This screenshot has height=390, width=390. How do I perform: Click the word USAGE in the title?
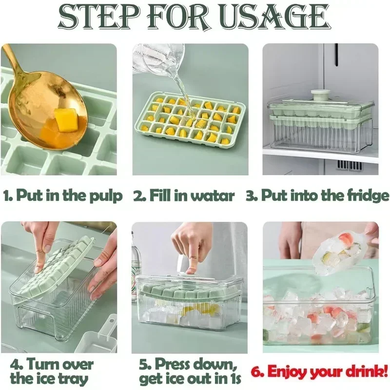[275, 16]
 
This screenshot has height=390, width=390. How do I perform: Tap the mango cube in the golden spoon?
[67, 120]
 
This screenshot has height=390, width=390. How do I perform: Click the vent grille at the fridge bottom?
[350, 165]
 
